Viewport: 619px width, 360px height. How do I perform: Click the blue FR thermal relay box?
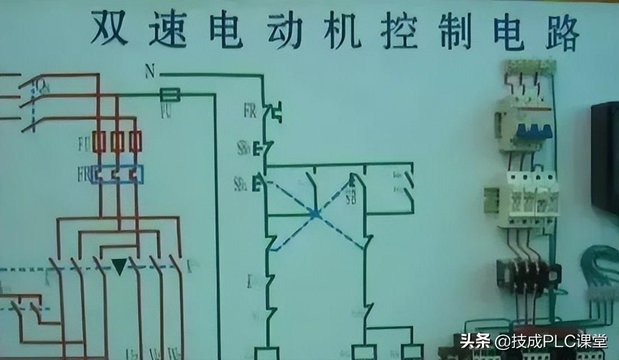pyautogui.click(x=118, y=174)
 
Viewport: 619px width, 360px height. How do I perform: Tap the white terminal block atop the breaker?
pyautogui.click(x=529, y=66)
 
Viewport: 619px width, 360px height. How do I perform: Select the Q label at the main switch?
pyautogui.click(x=41, y=85)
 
